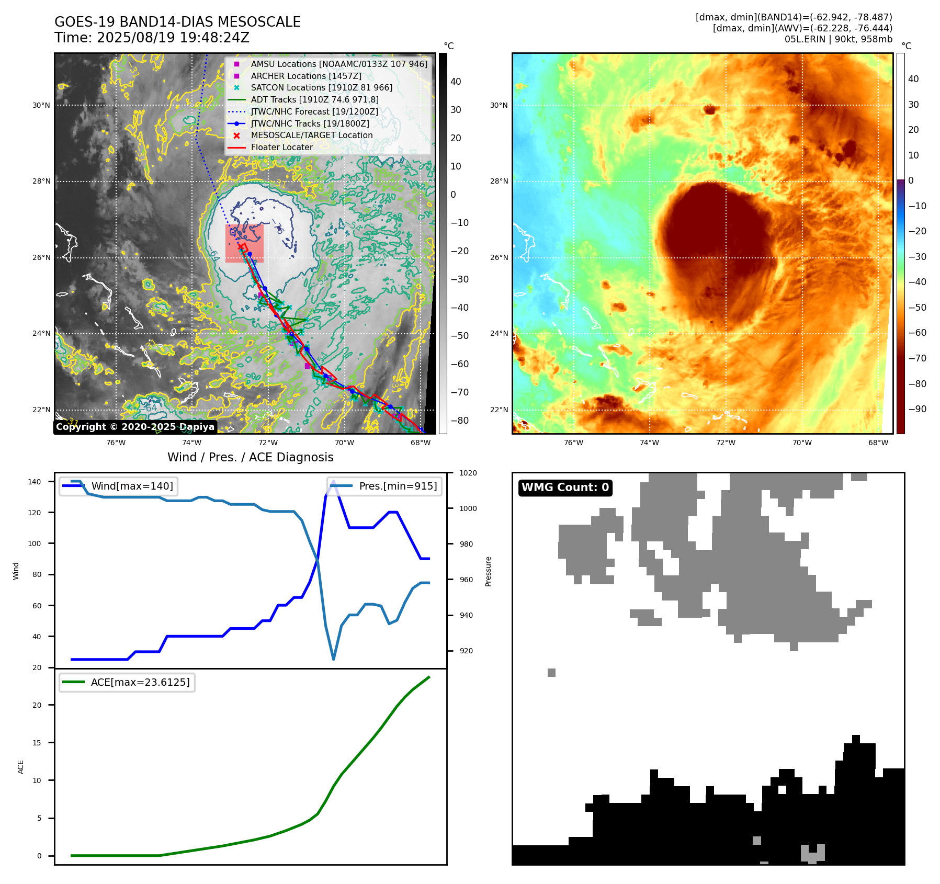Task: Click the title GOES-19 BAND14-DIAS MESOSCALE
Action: (x=177, y=22)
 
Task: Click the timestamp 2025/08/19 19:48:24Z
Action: (x=173, y=38)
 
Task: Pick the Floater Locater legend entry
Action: (x=281, y=147)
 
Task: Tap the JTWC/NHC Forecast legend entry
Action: (x=314, y=111)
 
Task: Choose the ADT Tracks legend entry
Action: (x=314, y=99)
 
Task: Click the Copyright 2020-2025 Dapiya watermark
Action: (x=135, y=427)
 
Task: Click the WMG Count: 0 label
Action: (x=565, y=488)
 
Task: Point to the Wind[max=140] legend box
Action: (x=118, y=486)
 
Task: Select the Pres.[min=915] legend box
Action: (x=384, y=486)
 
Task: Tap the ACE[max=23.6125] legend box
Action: (x=127, y=682)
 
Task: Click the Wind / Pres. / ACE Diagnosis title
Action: (x=250, y=457)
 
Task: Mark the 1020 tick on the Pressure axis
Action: (x=468, y=473)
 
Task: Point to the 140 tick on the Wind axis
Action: (x=34, y=482)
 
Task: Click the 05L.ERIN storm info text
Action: (x=838, y=39)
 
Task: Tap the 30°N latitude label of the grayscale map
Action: (x=41, y=105)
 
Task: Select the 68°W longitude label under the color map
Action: (x=878, y=443)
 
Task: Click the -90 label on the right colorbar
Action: (x=917, y=409)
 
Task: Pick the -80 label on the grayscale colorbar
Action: (x=459, y=421)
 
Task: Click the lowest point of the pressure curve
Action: (x=333, y=659)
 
